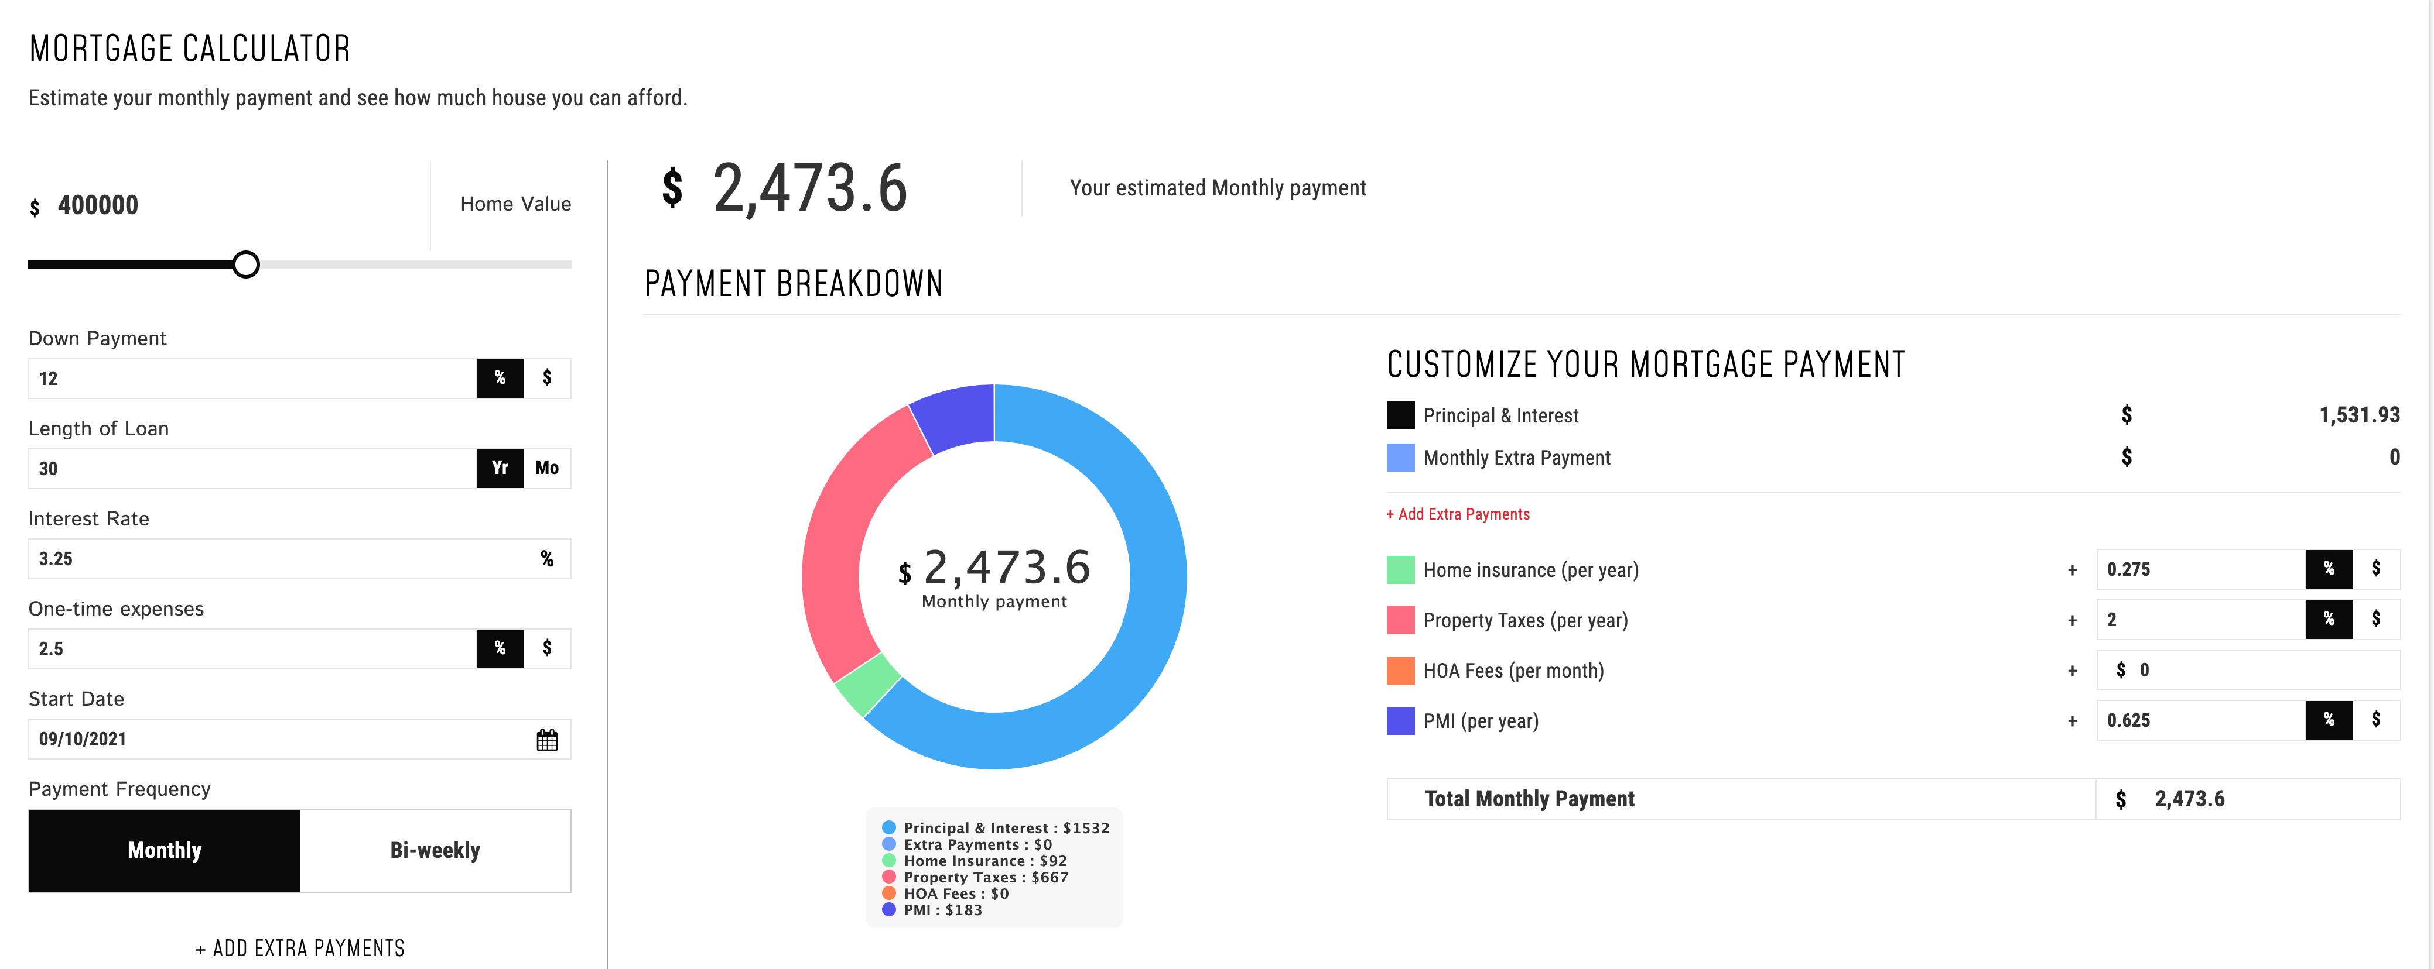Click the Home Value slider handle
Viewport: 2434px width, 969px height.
245,264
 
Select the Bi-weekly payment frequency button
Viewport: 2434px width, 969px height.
435,850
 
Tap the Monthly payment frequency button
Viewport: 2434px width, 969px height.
165,850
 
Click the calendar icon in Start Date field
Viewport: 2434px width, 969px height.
547,740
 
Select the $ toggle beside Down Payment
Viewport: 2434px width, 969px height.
547,378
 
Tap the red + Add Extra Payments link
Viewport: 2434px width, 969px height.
1458,514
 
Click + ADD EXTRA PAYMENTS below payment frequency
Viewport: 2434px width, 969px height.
299,948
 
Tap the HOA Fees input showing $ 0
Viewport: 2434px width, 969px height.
2249,669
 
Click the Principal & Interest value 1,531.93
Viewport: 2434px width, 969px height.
2358,415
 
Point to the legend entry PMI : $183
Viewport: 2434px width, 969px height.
942,909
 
